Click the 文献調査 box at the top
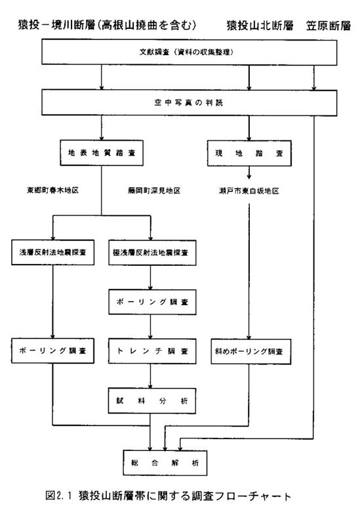[189, 52]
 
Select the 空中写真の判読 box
[189, 102]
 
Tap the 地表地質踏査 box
[102, 153]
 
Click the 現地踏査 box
[249, 153]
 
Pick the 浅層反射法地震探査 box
[52, 253]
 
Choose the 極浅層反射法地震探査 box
[152, 253]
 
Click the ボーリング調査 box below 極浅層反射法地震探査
[152, 302]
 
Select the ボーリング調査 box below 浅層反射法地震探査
[52, 351]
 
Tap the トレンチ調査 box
[152, 351]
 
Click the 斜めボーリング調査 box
[251, 351]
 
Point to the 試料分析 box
[152, 401]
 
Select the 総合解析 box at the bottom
[165, 463]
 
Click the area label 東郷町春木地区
[52, 190]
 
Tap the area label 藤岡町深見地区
[154, 190]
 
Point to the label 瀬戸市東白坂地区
[249, 191]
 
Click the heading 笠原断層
[329, 26]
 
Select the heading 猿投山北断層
[260, 25]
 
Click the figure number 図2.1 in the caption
[58, 495]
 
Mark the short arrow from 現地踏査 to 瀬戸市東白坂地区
[249, 173]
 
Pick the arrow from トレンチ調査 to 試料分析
[151, 376]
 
